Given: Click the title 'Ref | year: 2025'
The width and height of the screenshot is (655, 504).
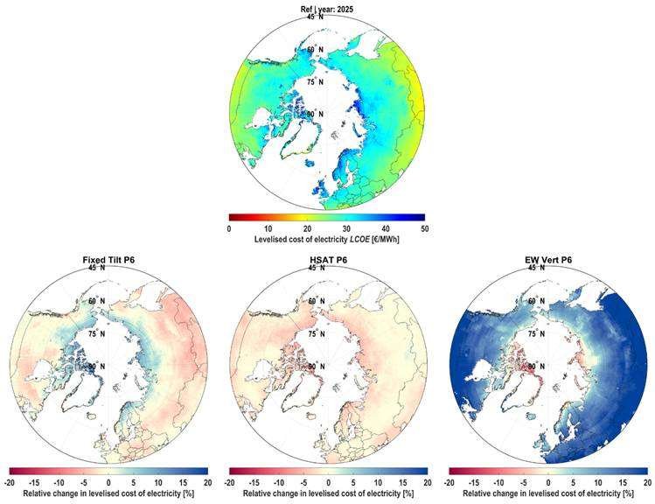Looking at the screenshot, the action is click(x=327, y=9).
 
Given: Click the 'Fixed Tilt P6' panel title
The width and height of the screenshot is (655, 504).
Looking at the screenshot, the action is click(x=108, y=260).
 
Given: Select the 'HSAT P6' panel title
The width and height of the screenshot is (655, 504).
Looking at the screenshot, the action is click(x=328, y=260).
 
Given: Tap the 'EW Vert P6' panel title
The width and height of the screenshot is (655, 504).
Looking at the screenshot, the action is click(x=548, y=260).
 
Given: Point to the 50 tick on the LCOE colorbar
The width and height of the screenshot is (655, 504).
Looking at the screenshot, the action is click(x=425, y=229).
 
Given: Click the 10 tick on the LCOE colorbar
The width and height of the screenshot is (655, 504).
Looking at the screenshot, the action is click(x=268, y=229).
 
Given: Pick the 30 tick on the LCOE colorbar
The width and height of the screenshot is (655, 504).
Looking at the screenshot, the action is click(x=346, y=229).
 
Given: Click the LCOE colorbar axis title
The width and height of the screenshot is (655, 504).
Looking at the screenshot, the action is click(x=327, y=240).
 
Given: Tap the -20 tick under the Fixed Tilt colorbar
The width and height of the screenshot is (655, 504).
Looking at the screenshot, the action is click(x=10, y=483).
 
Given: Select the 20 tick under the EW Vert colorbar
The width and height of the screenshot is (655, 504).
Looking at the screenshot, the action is click(x=647, y=483).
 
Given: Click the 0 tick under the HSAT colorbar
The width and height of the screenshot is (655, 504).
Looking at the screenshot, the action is click(x=328, y=483).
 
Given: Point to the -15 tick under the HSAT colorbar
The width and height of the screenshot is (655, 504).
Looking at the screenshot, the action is click(x=254, y=483).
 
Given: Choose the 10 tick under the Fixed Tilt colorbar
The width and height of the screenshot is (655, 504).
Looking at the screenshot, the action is click(x=158, y=483).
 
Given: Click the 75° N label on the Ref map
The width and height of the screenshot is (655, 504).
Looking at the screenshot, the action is click(x=316, y=82).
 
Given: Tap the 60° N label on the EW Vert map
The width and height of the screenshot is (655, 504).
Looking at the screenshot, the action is click(x=536, y=301).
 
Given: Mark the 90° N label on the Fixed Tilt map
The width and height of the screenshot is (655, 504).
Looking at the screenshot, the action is click(x=96, y=366).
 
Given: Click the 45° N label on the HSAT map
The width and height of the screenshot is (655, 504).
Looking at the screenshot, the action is click(x=317, y=268).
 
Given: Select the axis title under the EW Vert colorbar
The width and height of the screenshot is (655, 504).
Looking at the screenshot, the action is click(x=548, y=493).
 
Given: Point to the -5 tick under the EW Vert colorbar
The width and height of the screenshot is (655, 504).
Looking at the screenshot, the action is click(x=524, y=483).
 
